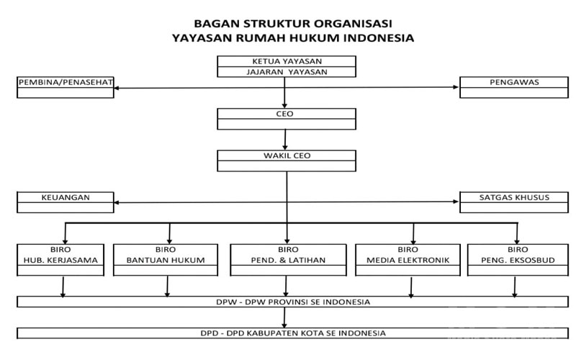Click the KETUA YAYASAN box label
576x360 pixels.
(286, 61)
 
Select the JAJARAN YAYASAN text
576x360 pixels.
(286, 72)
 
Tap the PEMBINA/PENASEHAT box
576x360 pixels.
(66, 87)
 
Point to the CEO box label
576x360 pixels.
(286, 114)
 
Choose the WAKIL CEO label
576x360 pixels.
(286, 156)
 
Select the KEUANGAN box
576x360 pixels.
(66, 202)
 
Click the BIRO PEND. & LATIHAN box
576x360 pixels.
(287, 255)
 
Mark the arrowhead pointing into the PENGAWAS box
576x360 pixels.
(456, 88)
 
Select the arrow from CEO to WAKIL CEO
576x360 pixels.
(286, 138)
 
